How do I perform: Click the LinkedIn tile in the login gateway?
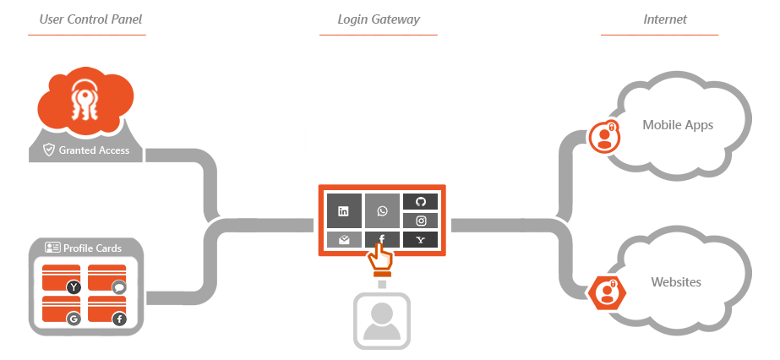tap(343, 210)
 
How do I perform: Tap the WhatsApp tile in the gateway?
tap(382, 210)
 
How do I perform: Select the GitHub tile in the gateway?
tap(420, 202)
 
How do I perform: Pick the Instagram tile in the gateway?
tap(420, 221)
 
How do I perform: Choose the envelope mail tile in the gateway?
tap(343, 240)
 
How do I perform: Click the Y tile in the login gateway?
tap(420, 240)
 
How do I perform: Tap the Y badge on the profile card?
tap(74, 287)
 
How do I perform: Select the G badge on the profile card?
tap(74, 319)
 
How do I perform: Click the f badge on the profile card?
tap(119, 319)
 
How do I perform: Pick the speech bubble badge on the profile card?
tap(119, 287)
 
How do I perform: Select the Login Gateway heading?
tap(378, 19)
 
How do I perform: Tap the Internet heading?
tap(664, 19)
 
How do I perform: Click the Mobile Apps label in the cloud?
tap(678, 125)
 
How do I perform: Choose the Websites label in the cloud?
tap(676, 282)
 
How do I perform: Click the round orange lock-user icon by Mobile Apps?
tap(604, 135)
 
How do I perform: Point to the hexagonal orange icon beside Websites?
tap(606, 292)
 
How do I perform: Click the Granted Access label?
tap(94, 150)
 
